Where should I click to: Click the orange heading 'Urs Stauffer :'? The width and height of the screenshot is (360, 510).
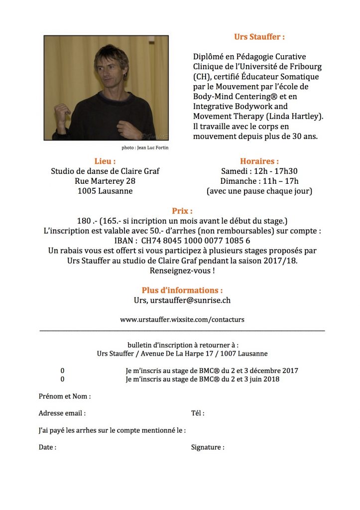pos(259,37)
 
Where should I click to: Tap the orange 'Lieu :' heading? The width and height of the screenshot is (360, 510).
pos(105,161)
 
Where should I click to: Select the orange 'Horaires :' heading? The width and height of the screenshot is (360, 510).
pos(259,161)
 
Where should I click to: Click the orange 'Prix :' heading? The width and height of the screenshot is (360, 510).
pos(182,211)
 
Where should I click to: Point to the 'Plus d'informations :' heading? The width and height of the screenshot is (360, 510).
pos(182,290)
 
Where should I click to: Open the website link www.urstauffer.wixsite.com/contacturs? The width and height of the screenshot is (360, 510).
pos(182,319)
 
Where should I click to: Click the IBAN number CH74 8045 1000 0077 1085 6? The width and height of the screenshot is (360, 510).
pos(196,240)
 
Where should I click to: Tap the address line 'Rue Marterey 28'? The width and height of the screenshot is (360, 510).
pos(105,181)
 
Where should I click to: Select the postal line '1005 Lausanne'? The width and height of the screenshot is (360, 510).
pos(105,191)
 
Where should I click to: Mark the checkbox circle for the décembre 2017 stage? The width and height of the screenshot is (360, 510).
pos(63,371)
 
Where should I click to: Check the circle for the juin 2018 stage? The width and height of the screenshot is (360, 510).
pos(63,380)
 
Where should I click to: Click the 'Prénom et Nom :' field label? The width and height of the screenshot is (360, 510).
pos(65,396)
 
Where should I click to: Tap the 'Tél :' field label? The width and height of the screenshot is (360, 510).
pos(198,413)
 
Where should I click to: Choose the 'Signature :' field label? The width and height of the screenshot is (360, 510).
pos(208,447)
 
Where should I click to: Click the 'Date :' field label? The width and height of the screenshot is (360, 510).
pos(47,447)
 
